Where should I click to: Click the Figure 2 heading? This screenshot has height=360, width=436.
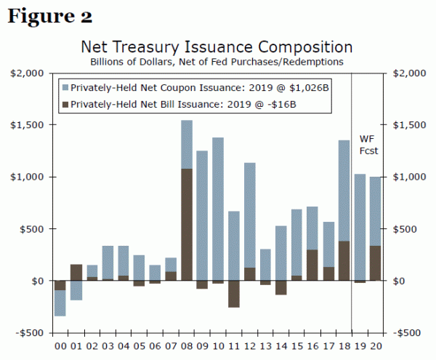point(50,15)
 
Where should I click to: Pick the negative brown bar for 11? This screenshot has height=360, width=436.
point(233,294)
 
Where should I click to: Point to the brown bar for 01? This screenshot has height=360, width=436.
point(76,273)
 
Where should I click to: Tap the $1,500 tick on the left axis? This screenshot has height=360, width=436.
point(30,124)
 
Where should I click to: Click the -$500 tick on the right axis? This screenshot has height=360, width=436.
point(405,332)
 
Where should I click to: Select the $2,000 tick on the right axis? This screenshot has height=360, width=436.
point(405,73)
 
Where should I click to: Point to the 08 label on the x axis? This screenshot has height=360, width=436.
point(187,346)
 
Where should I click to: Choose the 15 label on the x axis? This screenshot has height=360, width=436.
point(296,346)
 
